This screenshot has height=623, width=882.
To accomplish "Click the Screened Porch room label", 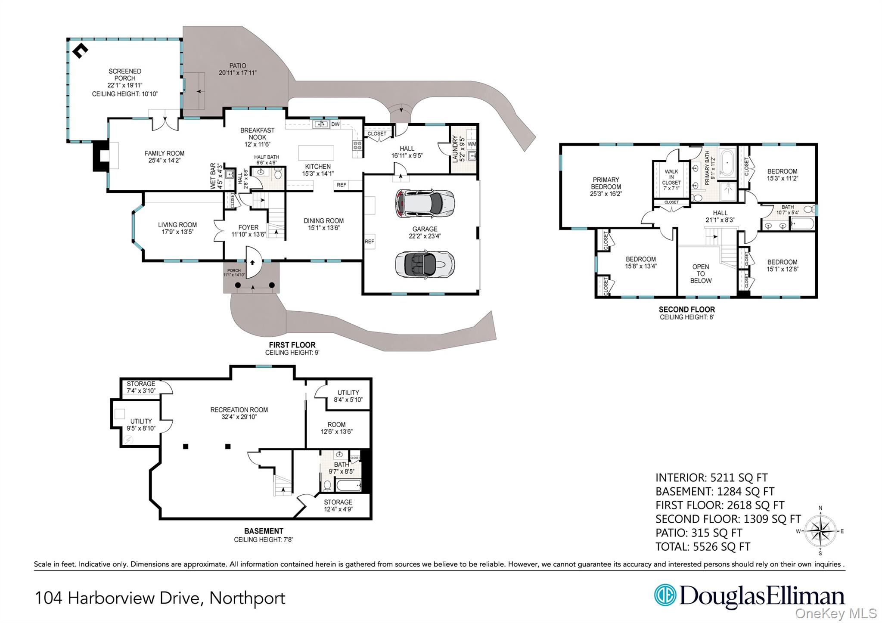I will (x=125, y=75).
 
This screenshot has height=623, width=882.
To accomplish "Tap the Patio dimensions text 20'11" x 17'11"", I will (x=237, y=73).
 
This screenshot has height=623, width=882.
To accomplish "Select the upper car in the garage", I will (x=424, y=203).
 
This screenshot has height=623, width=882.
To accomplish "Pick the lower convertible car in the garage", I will (x=424, y=264).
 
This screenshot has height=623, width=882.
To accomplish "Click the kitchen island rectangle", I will (x=316, y=153).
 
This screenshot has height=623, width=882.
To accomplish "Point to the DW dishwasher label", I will (x=335, y=124).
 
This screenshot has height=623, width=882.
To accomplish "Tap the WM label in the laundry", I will (x=472, y=144).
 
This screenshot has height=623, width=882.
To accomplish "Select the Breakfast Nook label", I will (x=257, y=134).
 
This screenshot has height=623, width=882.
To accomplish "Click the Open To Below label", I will (x=701, y=274).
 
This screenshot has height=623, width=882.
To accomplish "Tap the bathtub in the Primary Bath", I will (x=727, y=163).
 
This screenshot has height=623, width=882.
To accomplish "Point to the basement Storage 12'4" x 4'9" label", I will (x=338, y=505).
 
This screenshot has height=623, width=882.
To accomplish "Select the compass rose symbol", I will (x=820, y=531).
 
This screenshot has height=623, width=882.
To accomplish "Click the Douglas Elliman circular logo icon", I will (x=665, y=595).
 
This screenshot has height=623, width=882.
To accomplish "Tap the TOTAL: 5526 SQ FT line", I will (x=703, y=547).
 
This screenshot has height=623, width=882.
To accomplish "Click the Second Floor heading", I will (x=686, y=310).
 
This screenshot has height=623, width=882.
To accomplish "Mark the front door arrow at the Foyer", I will (x=253, y=262).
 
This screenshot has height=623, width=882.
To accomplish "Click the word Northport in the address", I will (x=247, y=598).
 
